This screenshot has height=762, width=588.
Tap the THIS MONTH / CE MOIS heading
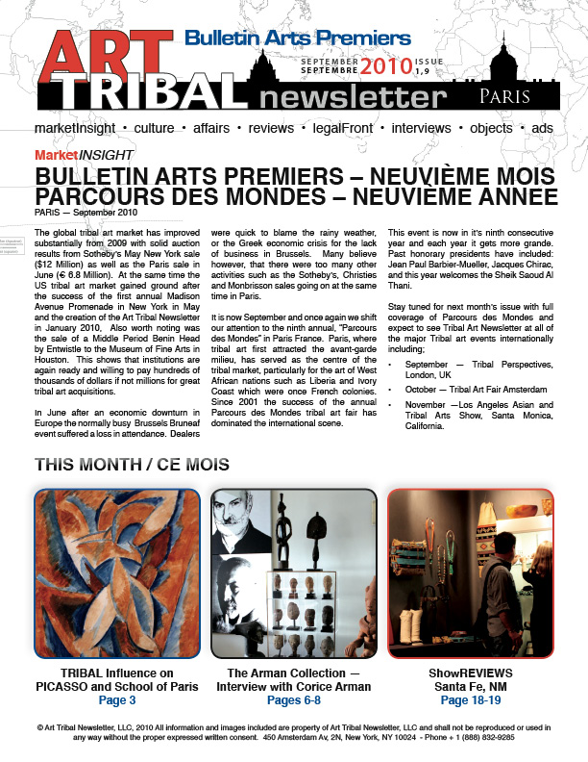click(x=132, y=464)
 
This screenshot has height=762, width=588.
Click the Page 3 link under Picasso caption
click(x=116, y=701)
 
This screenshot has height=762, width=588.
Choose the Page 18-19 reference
click(x=470, y=701)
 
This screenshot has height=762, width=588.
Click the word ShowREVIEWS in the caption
click(x=470, y=673)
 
